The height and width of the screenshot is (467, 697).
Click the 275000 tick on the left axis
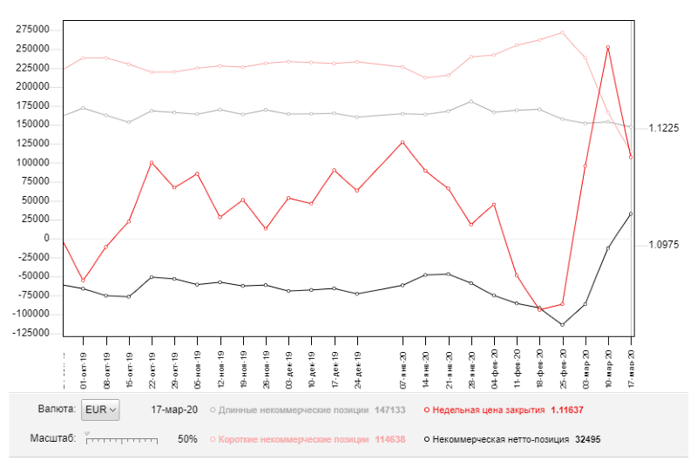30,29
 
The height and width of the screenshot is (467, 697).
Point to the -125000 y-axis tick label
29,333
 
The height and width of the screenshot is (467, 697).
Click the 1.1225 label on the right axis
664,128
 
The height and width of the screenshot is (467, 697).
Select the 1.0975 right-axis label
664,245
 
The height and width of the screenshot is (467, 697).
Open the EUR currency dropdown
99,409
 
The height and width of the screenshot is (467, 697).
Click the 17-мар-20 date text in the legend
174,409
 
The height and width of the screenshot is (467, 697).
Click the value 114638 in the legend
389,439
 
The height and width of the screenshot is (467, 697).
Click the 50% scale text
187,439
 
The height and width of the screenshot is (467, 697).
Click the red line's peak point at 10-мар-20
608,47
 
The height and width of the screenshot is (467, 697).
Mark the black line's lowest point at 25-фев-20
563,325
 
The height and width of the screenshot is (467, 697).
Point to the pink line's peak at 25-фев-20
563,32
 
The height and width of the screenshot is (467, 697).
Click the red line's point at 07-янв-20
403,142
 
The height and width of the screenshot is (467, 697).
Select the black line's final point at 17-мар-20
631,213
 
